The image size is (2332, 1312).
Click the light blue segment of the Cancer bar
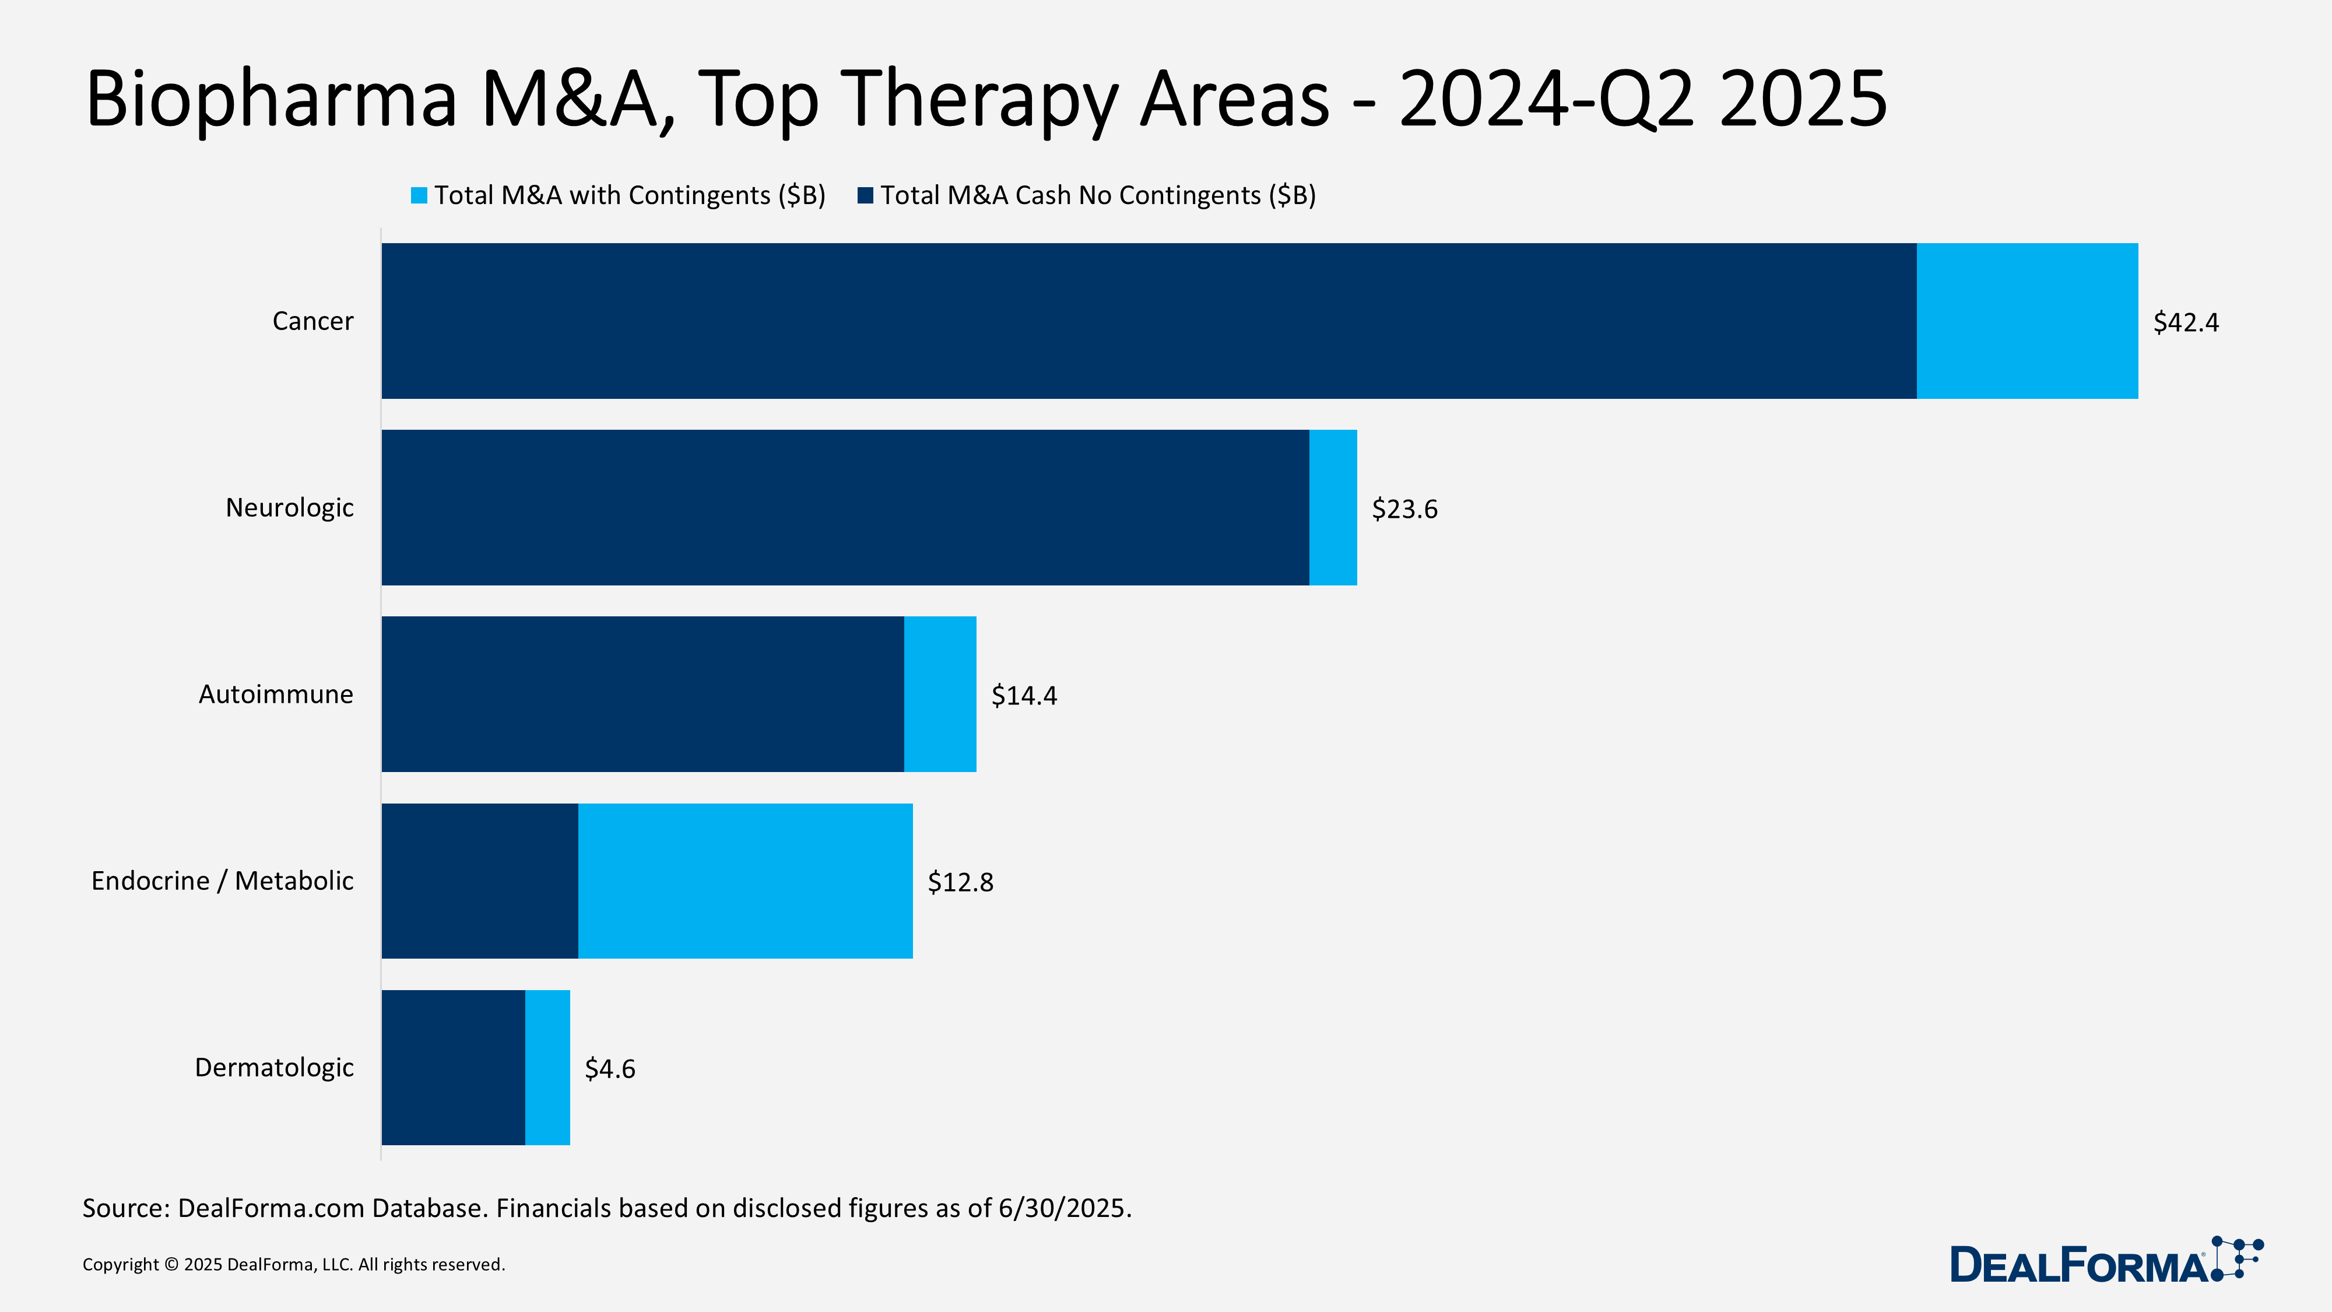[2027, 321]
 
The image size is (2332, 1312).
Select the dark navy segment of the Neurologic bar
[845, 507]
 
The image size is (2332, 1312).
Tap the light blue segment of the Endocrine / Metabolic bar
[745, 880]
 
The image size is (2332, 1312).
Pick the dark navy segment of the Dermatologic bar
[452, 1067]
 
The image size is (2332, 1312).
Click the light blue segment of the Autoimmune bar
[940, 693]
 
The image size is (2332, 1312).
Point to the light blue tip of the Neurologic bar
[1333, 507]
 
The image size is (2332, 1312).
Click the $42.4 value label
[2185, 322]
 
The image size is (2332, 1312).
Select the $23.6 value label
[1404, 509]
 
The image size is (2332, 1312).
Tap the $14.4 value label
[1024, 696]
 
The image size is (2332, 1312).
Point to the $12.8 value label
[961, 882]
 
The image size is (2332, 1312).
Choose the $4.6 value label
[610, 1068]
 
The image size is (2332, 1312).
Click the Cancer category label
[312, 321]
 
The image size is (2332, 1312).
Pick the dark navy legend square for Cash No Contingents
[865, 195]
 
